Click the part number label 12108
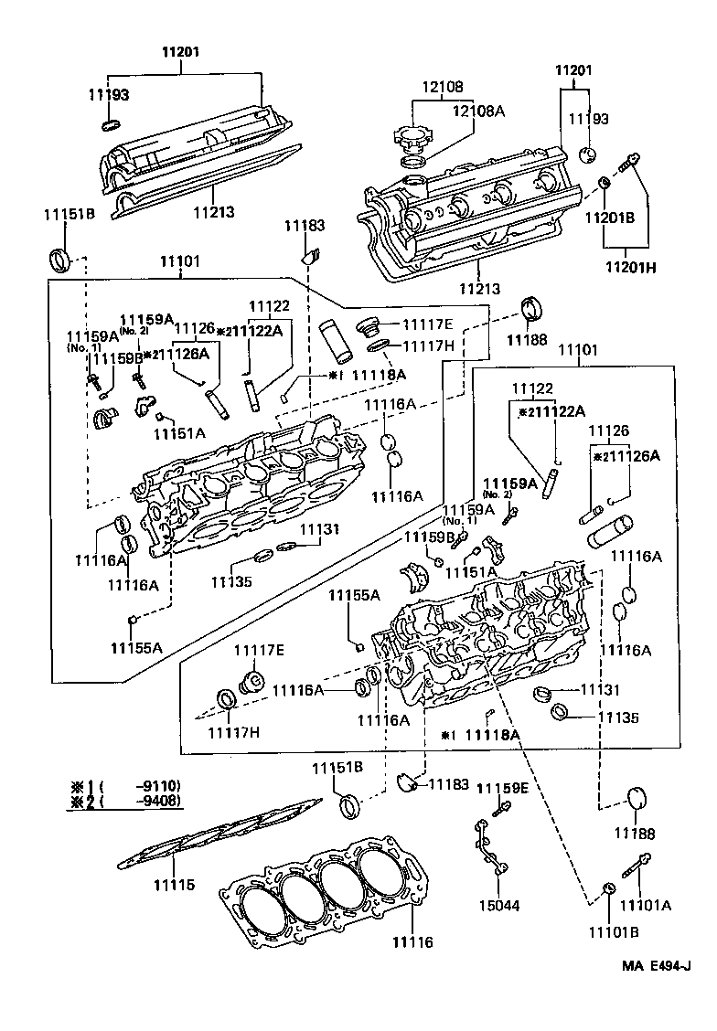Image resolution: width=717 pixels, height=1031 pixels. tap(442, 87)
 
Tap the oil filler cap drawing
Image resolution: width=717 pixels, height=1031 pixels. tap(413, 139)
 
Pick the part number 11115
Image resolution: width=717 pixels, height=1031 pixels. tap(174, 885)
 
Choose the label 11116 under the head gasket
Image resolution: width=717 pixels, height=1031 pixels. tap(412, 941)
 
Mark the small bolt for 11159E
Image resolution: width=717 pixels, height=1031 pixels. tap(500, 809)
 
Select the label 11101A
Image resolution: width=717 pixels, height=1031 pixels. tap(646, 905)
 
